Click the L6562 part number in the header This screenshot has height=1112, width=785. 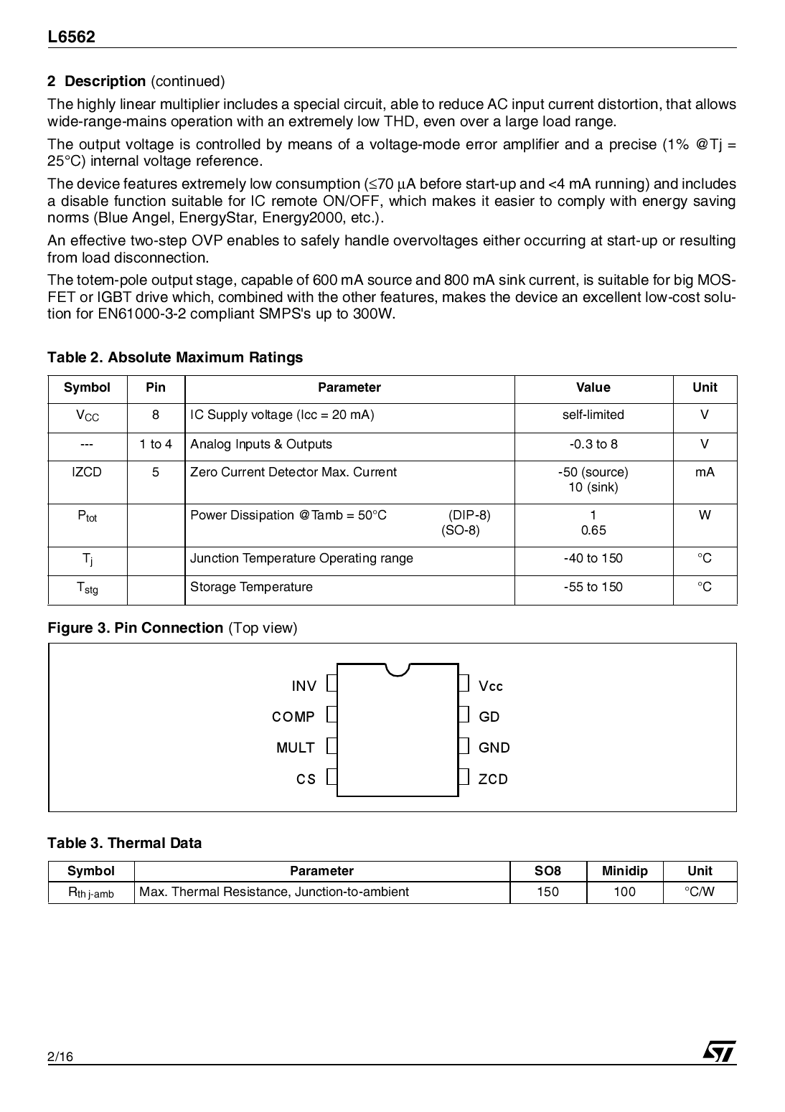(72, 37)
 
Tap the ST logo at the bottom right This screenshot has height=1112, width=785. (719, 1051)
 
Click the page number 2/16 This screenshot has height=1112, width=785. (61, 1057)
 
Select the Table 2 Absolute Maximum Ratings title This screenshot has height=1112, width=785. (175, 357)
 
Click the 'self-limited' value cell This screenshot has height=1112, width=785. (593, 415)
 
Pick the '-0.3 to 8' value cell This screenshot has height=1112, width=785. (593, 444)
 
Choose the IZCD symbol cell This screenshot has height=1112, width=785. (87, 472)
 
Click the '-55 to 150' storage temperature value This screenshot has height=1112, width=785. (593, 587)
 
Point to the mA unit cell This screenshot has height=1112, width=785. (705, 472)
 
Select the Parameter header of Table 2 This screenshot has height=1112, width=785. (349, 387)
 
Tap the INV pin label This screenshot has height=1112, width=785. (304, 686)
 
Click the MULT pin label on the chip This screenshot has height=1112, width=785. (296, 748)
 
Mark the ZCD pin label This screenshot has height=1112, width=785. (493, 779)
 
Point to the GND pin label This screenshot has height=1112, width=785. (494, 748)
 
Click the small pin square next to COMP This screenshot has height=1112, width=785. (332, 715)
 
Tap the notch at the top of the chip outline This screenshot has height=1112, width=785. (398, 669)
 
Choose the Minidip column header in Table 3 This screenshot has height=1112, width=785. (624, 871)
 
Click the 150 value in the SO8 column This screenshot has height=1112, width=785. (547, 892)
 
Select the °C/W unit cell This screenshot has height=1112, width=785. (700, 892)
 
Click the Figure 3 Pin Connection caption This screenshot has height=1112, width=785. (172, 628)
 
